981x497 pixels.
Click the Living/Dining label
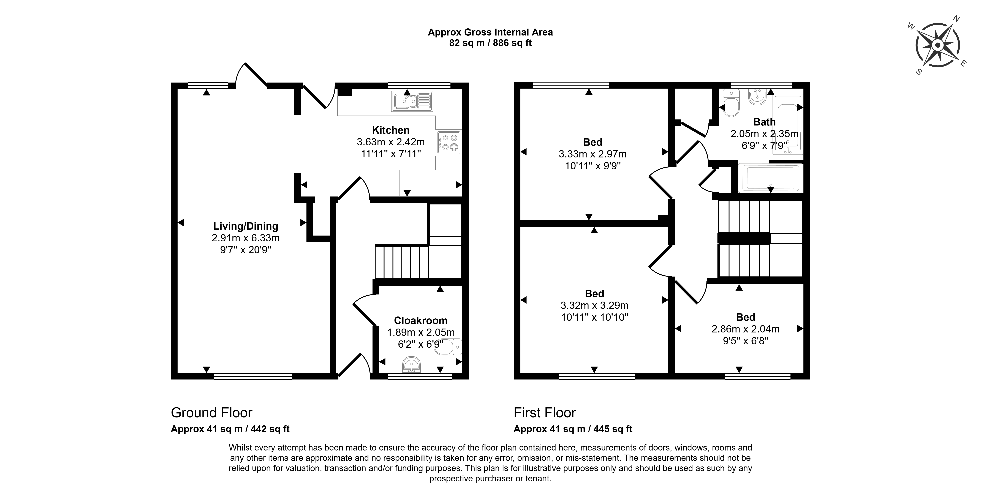pos(246,226)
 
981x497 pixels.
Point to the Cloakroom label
pos(420,321)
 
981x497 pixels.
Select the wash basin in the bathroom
pos(757,96)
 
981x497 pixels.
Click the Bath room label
pos(764,122)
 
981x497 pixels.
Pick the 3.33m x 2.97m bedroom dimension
pos(593,154)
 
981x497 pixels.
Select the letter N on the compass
pos(956,29)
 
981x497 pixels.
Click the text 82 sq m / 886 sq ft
pos(490,43)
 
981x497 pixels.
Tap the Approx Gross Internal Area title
pos(490,32)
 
